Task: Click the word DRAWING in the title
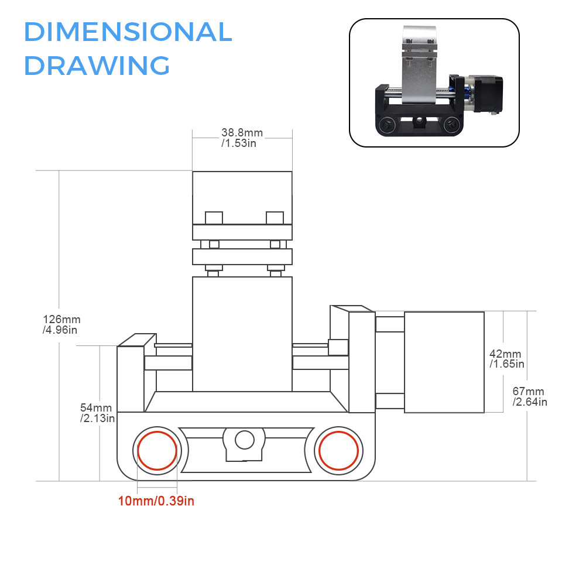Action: tap(97, 65)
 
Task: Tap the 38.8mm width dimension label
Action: tap(242, 137)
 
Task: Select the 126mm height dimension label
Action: tap(61, 324)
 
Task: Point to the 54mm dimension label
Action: tap(95, 412)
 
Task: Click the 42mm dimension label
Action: tap(506, 359)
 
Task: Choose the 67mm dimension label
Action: tap(529, 396)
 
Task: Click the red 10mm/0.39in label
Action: tap(156, 501)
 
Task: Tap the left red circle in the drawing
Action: tap(156, 450)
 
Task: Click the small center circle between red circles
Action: tap(244, 439)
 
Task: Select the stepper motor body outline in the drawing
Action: tap(444, 361)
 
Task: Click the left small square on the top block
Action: tap(214, 218)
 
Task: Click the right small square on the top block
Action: tap(274, 218)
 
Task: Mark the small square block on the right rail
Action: tap(338, 347)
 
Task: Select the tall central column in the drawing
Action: tap(242, 334)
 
